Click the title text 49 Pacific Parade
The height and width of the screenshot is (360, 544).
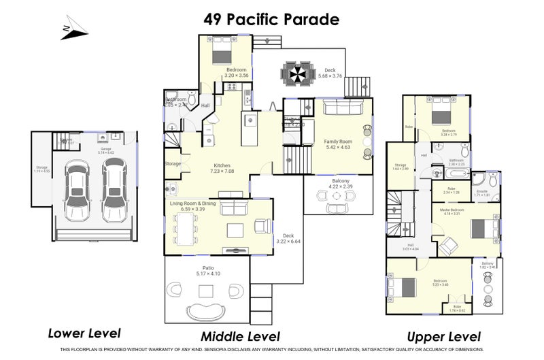(x=271, y=19)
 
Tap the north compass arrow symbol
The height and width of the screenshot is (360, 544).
(x=74, y=27)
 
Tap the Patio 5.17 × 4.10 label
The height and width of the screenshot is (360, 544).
(x=207, y=270)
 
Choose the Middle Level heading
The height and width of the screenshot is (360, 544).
(x=239, y=336)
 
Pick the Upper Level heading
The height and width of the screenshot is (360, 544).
(x=443, y=336)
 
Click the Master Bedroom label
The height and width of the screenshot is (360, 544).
(x=452, y=212)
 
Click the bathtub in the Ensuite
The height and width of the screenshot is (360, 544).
(x=485, y=180)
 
